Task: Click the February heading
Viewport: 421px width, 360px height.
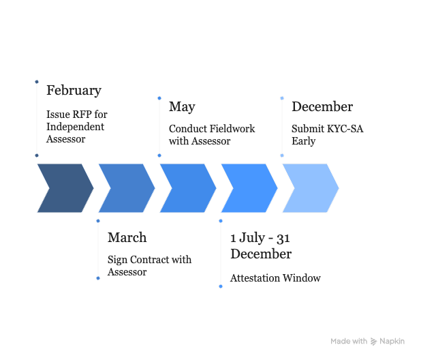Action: pos(74,91)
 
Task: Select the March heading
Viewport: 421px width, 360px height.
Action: pos(127,238)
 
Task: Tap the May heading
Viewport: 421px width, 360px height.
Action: pos(182,107)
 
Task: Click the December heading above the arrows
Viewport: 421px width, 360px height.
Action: pos(322,107)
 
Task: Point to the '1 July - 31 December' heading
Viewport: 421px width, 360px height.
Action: pos(261,246)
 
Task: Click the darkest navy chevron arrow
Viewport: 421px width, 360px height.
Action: pos(65,188)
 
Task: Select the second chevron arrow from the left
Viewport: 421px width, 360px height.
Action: pos(127,188)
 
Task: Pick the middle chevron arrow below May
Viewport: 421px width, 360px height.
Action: pos(188,188)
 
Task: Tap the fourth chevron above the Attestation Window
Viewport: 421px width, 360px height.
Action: pos(249,188)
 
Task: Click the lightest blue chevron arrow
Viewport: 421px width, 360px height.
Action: pos(311,188)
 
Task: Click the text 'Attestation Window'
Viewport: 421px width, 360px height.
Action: pos(275,278)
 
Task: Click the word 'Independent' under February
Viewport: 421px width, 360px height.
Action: pos(75,127)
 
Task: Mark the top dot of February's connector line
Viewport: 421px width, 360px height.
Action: pos(36,82)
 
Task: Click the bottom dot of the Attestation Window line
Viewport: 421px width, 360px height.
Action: pos(220,286)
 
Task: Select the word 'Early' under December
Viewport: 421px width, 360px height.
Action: pos(304,142)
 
